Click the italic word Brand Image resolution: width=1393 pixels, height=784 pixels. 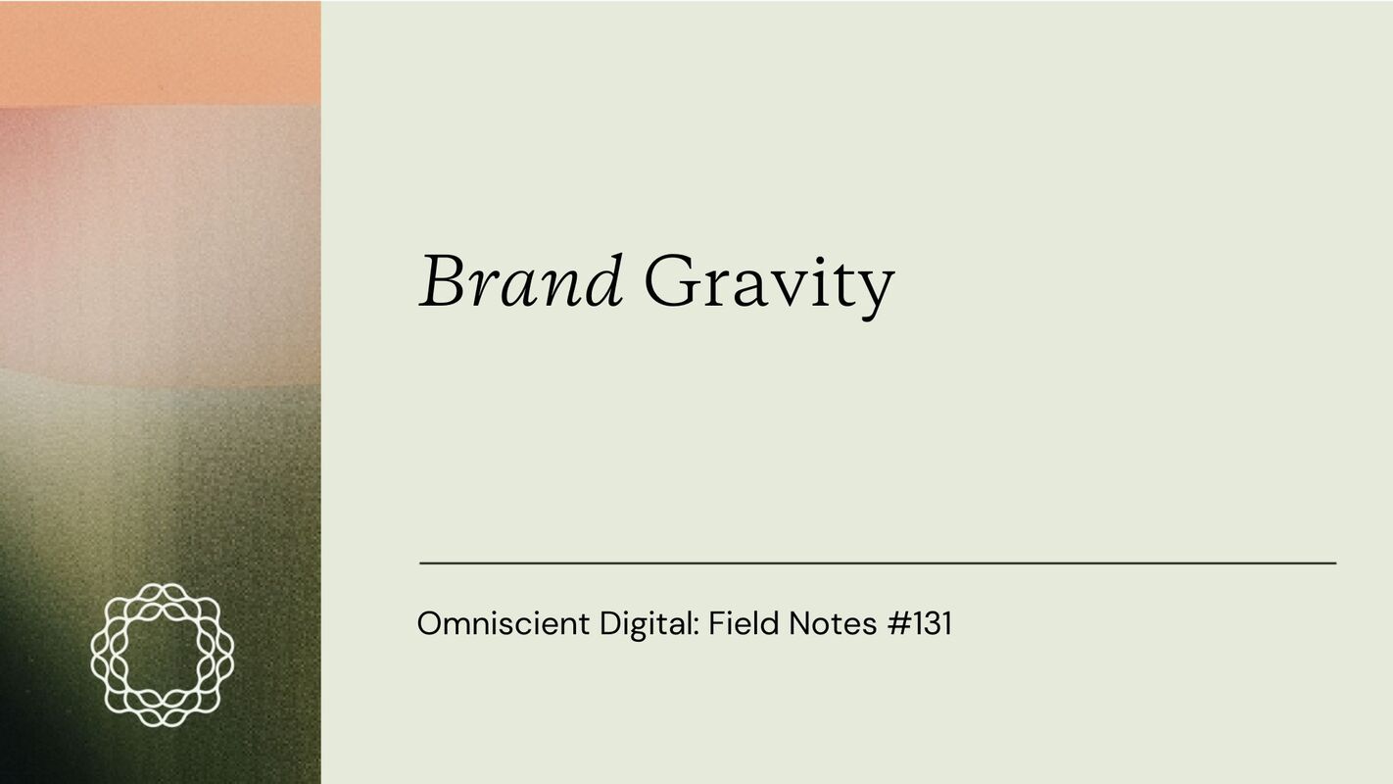click(x=521, y=282)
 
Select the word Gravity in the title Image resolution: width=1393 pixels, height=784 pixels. click(x=769, y=284)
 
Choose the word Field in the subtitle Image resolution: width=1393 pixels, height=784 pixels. click(x=738, y=623)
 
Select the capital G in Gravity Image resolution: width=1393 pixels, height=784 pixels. click(x=672, y=282)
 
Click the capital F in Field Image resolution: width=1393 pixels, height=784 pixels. click(x=715, y=623)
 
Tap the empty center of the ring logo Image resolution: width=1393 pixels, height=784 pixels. click(x=162, y=655)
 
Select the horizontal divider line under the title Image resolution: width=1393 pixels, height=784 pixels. click(x=877, y=563)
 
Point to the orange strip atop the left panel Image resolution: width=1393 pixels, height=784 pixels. click(x=160, y=52)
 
